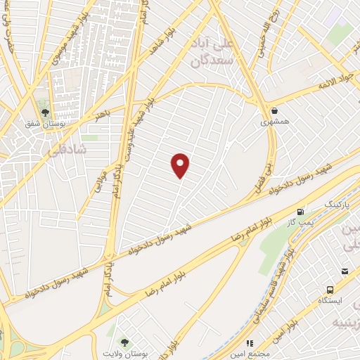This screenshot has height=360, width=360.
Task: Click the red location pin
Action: coord(181,166)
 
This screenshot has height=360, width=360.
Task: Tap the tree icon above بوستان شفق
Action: coord(46,112)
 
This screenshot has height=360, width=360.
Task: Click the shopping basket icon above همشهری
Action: coord(274,111)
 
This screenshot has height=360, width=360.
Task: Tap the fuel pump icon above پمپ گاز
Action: coord(300,212)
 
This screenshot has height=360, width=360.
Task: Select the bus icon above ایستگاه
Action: coord(329,290)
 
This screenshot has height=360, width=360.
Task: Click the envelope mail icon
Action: coord(345,271)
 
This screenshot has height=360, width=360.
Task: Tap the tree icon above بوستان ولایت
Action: coord(124,342)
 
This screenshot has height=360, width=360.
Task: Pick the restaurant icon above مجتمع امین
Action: coord(250,344)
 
